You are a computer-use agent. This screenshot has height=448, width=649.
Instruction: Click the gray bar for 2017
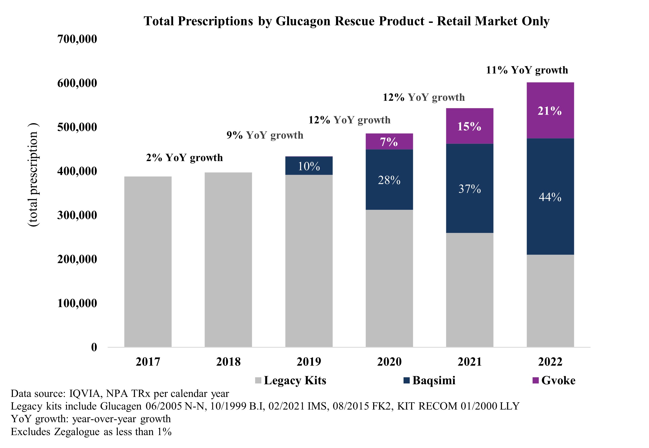click(x=148, y=262)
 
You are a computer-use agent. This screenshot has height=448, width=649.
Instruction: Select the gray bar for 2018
click(x=228, y=260)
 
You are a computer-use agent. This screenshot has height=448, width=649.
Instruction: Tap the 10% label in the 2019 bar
click(x=309, y=166)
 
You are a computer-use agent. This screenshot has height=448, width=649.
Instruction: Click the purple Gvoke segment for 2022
click(x=550, y=110)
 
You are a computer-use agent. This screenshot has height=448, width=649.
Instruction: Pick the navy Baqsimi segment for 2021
click(x=469, y=188)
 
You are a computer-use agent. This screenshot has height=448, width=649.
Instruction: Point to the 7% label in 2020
click(x=389, y=142)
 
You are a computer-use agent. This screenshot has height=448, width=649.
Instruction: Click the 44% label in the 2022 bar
click(x=550, y=197)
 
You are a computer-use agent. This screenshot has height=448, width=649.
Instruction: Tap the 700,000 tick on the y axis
click(x=77, y=39)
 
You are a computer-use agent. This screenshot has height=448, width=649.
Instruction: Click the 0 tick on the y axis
click(x=94, y=347)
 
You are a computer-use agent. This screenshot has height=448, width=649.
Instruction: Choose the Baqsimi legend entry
click(x=433, y=380)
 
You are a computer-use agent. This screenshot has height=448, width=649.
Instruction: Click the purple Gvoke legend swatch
click(x=535, y=380)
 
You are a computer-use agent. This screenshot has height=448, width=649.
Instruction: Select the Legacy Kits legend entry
click(x=295, y=380)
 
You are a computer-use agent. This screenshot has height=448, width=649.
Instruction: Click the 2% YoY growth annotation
click(x=184, y=158)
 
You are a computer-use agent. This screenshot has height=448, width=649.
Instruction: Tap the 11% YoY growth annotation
click(x=527, y=70)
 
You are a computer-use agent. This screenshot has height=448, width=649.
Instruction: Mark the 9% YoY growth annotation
click(x=265, y=135)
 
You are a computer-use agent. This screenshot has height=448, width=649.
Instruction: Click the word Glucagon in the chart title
click(x=303, y=21)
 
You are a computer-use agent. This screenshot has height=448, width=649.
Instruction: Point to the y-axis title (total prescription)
click(x=33, y=175)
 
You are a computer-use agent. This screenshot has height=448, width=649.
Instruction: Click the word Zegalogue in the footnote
click(x=77, y=432)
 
